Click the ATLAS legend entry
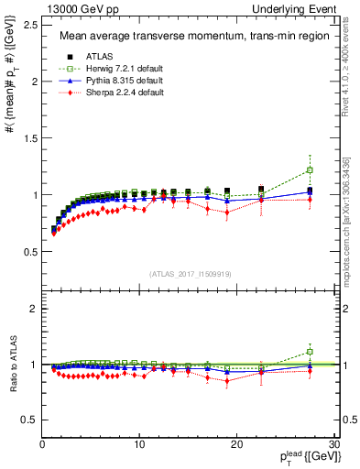coord(101,57)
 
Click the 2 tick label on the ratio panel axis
coord(34,309)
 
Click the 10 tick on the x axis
coord(139,444)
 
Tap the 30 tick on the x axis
coord(333,444)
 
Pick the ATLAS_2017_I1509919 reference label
coord(190,274)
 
